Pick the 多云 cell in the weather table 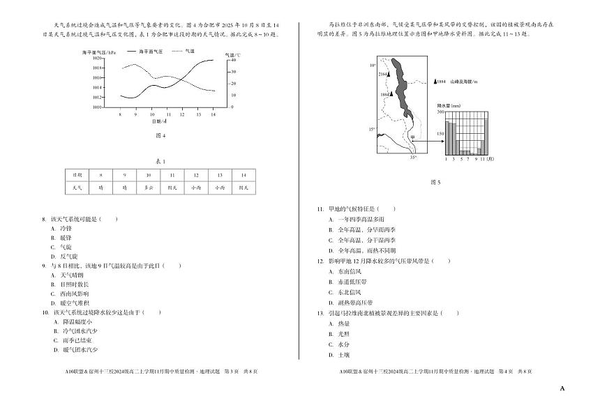coord(149,188)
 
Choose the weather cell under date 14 coord(243,188)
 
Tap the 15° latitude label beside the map coord(372,130)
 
